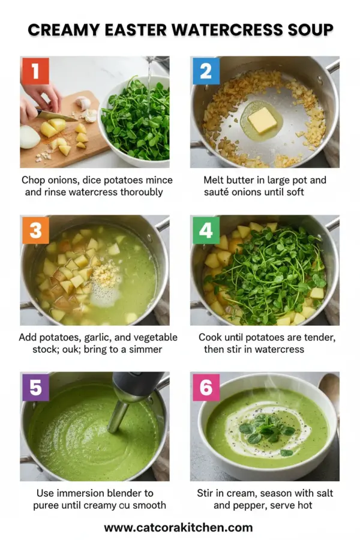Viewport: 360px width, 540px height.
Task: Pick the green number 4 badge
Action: (205, 230)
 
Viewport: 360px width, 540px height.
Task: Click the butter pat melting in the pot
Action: (262, 120)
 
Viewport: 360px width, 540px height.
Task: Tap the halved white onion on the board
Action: (29, 137)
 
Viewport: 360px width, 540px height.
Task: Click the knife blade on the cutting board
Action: (57, 115)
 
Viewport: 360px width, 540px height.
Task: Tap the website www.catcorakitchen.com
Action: (178, 528)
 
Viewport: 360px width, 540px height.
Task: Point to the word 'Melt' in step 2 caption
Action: (215, 180)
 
